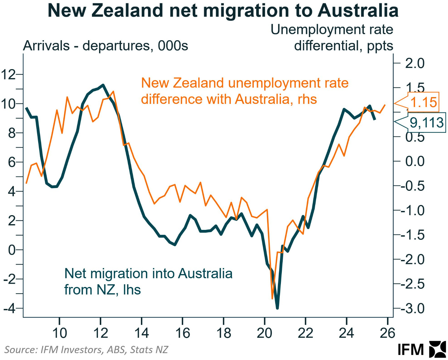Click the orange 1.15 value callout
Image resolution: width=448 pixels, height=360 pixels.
click(x=423, y=102)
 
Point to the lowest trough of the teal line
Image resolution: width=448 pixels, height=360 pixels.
click(x=277, y=307)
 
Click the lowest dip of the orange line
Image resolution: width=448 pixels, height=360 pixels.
click(x=273, y=298)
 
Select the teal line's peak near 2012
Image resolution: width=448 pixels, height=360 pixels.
click(x=103, y=85)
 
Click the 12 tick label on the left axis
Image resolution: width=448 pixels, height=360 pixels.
click(x=8, y=74)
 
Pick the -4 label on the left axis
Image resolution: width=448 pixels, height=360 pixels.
click(x=10, y=308)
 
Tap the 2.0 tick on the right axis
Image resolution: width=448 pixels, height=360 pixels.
click(x=415, y=63)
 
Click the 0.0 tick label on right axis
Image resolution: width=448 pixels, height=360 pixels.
click(x=415, y=161)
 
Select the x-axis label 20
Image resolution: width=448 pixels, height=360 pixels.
click(x=264, y=333)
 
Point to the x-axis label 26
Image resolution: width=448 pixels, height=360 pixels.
click(x=387, y=333)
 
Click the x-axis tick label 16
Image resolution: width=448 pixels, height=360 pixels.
click(x=182, y=333)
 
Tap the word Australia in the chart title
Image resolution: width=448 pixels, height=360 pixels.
click(x=358, y=11)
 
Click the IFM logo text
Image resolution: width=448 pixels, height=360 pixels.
click(x=410, y=350)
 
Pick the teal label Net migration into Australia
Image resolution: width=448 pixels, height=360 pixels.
click(x=148, y=274)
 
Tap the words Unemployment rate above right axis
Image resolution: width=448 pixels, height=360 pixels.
click(x=332, y=30)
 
